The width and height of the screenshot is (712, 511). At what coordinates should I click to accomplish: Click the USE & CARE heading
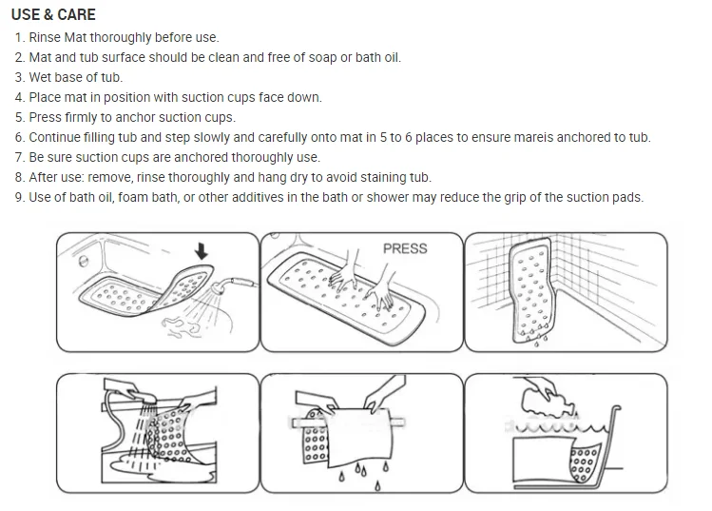pos(53,15)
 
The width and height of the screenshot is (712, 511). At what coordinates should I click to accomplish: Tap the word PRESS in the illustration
pos(405,248)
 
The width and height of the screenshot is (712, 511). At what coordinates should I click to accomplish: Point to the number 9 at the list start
pos(18,198)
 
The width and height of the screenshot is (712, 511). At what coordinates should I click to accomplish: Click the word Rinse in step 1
pos(47,37)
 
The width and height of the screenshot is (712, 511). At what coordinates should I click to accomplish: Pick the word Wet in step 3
pos(41,77)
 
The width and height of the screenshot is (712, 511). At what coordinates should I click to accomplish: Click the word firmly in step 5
pos(89,117)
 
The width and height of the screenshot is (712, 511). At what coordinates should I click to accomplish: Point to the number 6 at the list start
pos(18,137)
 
